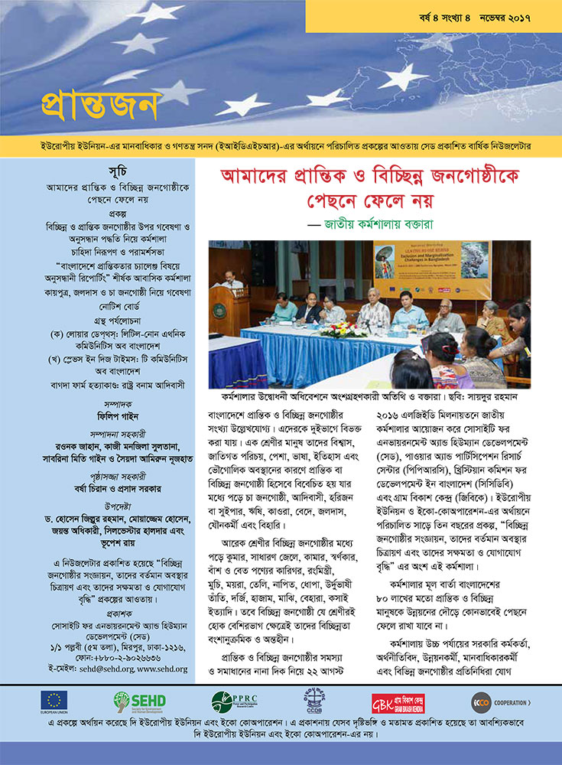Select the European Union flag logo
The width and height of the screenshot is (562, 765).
pyautogui.click(x=54, y=702)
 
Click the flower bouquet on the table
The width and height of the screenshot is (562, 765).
pyautogui.click(x=333, y=330)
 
